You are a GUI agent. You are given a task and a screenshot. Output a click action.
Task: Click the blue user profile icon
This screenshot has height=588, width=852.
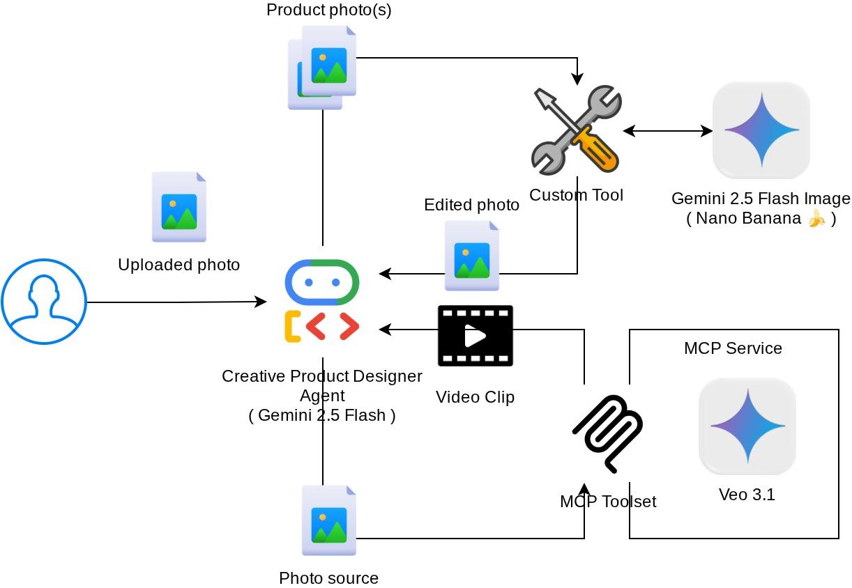[x=44, y=301]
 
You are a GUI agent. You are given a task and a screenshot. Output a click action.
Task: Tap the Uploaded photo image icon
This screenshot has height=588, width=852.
[x=179, y=207]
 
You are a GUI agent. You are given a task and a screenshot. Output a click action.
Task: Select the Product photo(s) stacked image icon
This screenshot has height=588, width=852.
[x=322, y=67]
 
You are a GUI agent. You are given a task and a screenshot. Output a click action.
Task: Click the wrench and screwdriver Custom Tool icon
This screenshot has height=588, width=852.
[x=577, y=130]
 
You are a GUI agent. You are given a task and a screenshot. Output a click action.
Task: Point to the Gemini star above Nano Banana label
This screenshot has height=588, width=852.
[x=761, y=130]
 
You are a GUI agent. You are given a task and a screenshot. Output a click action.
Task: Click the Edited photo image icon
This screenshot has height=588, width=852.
[x=472, y=256]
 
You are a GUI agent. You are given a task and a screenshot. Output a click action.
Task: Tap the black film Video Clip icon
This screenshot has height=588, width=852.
[x=476, y=335]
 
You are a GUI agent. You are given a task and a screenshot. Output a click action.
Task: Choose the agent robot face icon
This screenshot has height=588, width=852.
[x=322, y=282]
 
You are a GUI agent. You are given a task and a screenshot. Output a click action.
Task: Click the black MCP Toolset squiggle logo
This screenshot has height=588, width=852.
[x=607, y=433]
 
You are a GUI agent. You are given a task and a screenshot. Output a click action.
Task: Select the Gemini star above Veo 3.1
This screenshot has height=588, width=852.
[x=747, y=426]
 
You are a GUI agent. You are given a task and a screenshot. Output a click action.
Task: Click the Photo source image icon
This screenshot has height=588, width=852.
[x=329, y=520]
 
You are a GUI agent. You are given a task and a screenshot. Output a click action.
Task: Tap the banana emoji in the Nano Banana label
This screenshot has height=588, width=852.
[x=816, y=219]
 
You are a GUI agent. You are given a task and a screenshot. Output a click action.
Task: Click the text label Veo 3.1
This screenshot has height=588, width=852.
[x=747, y=495]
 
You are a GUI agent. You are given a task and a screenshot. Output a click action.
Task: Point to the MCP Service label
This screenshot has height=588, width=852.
[x=733, y=348]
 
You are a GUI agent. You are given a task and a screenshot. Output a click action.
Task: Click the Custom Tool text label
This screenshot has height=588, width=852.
[x=576, y=195]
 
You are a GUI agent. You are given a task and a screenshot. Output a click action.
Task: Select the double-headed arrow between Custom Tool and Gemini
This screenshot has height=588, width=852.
[x=667, y=130]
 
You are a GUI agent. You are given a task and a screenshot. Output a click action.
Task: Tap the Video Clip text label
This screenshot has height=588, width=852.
[x=475, y=397]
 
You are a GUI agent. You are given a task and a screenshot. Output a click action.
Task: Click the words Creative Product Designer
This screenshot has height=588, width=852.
[x=322, y=376]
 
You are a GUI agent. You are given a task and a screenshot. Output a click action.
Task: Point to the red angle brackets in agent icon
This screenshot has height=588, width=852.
[x=333, y=326]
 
